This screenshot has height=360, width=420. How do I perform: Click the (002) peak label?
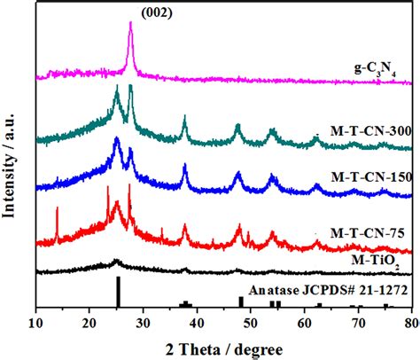pos(130,12)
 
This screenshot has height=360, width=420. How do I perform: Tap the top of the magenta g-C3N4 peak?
pos(130,24)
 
